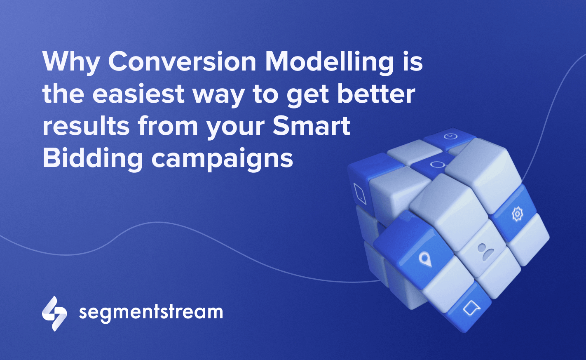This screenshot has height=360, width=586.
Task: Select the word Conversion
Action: [x=182, y=61]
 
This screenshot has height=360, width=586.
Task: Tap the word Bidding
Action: [x=93, y=159]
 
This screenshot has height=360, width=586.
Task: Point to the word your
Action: [x=235, y=128]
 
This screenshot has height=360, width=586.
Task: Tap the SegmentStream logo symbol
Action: [x=54, y=313]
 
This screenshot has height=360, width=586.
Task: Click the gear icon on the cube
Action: [x=517, y=214]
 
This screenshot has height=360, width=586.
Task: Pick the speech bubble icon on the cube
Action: [x=471, y=308]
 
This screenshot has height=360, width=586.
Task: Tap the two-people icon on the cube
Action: [x=485, y=252]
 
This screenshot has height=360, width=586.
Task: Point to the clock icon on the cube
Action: [x=450, y=136]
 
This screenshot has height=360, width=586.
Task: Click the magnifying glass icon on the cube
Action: [x=437, y=165]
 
